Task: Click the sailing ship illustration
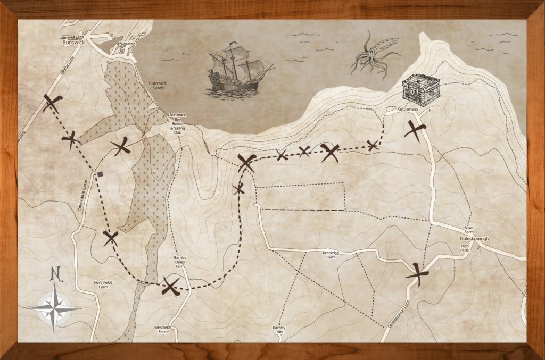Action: (x=238, y=69)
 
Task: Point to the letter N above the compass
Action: (x=54, y=274)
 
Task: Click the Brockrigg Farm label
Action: (x=331, y=255)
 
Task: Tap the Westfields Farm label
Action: (x=163, y=329)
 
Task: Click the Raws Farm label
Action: (x=468, y=229)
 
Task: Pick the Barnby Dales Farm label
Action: (x=179, y=263)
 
